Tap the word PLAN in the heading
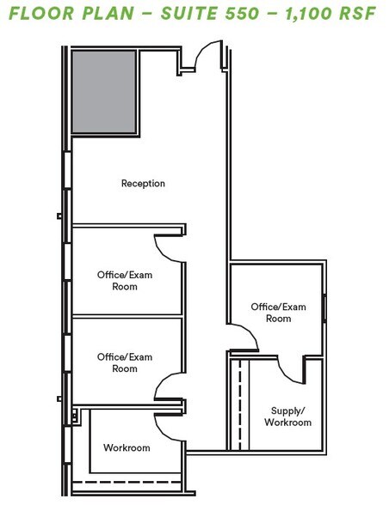point(108,13)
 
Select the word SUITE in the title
point(188,13)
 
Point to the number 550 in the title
point(242,13)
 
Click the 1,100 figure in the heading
point(308,14)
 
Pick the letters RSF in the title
point(358,13)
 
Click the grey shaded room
point(104,91)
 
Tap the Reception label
point(143,183)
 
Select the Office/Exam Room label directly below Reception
point(125,281)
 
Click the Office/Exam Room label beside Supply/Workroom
point(278,313)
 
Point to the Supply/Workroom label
point(288,417)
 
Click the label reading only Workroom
point(127,447)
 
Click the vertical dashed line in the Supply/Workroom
point(240,405)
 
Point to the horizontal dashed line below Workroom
point(127,482)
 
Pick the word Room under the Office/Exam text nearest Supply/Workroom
point(278,319)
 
